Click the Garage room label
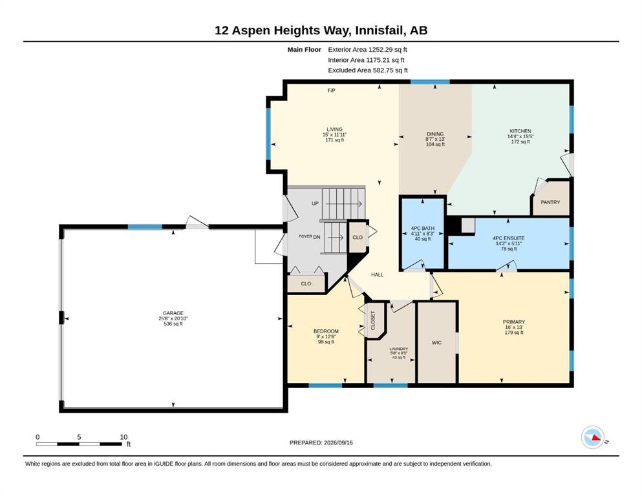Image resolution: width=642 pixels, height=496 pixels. pos(173,313)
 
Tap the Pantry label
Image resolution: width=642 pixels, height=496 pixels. pos(550,202)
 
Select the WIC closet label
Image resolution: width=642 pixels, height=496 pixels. pos(436,343)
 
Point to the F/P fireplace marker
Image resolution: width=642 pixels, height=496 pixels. pos(331,90)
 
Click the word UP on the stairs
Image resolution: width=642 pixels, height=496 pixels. pos(315,203)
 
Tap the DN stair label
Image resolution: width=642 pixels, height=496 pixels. pos(317,237)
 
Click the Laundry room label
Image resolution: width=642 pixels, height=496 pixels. pos(399,349)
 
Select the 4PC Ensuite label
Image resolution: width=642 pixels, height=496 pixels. pos(509,238)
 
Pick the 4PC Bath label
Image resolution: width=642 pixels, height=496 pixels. pos(423,228)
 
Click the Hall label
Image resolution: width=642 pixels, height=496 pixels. pos(377,274)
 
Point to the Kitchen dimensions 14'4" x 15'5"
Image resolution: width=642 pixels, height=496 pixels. pos(520,136)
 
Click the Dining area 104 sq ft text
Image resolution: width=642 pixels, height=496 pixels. pos(435,144)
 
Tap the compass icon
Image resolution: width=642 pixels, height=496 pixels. pos(592,437)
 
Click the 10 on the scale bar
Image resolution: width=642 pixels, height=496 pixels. pos(123,437)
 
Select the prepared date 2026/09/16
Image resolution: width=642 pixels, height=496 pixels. pos(338,442)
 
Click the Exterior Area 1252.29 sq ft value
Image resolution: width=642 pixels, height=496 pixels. pos(388,50)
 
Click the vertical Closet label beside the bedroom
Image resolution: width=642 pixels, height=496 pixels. pos(373,320)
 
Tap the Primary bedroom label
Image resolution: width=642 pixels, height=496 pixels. pos(514,322)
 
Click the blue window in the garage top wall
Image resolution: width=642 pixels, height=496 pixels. pos(145,227)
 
